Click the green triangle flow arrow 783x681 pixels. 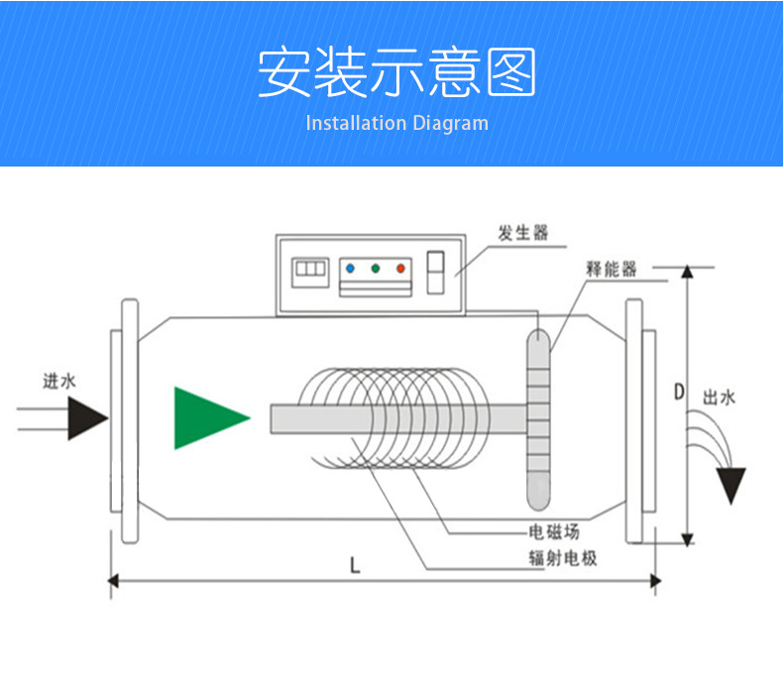[207, 418]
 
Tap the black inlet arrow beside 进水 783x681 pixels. [87, 418]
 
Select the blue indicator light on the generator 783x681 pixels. [350, 269]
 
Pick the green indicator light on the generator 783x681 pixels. [376, 269]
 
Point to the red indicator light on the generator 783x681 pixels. [400, 269]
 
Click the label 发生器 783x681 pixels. [523, 233]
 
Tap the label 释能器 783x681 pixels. [612, 269]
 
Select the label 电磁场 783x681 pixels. [554, 532]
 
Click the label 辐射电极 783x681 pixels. [563, 558]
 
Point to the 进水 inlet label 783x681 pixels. [58, 382]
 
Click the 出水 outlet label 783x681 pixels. [720, 397]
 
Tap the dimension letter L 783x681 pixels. [355, 566]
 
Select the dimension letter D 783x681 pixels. [679, 392]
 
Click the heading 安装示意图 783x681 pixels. [396, 71]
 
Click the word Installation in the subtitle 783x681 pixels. [356, 123]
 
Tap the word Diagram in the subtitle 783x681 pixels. [451, 124]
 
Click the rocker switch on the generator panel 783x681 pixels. [435, 273]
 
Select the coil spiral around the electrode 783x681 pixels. [394, 418]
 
